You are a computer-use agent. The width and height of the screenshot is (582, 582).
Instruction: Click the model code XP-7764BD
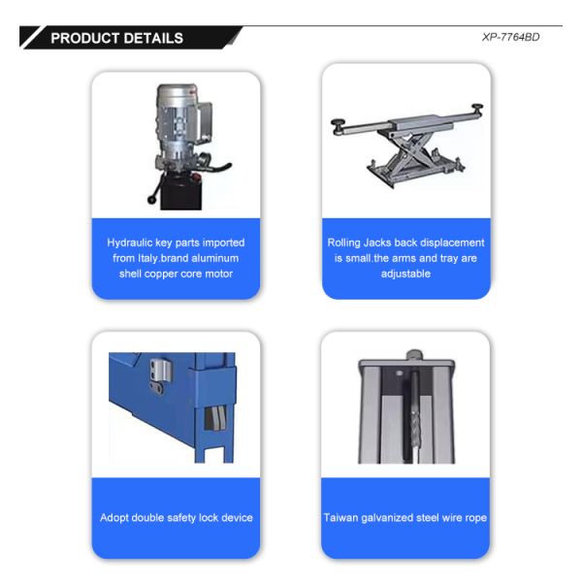coord(510,38)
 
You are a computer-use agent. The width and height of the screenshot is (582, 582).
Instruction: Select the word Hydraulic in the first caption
coord(129,242)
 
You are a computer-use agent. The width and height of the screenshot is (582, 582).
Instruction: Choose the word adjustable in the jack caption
coord(405,274)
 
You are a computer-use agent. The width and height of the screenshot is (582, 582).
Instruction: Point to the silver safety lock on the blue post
coord(159,371)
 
